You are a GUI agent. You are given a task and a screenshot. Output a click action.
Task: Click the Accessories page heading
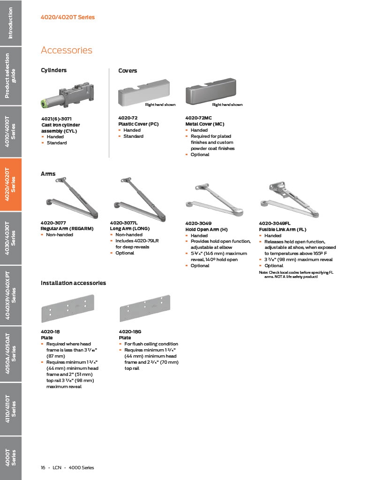click(67, 50)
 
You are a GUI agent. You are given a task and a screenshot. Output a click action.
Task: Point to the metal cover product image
click(211, 91)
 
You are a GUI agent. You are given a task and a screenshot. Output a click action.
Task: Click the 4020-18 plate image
click(68, 308)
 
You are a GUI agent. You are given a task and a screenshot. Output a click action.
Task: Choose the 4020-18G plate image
click(145, 308)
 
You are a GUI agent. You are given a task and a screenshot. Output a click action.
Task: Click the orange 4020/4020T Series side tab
click(11, 185)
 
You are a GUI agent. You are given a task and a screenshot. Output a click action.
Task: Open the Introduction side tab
click(11, 23)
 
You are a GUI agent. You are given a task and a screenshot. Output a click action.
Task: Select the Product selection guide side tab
click(11, 76)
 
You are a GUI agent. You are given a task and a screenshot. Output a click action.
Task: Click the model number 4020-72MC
click(199, 118)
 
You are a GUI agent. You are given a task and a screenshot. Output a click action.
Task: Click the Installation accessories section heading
click(73, 283)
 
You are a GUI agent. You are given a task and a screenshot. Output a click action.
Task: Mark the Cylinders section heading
click(54, 70)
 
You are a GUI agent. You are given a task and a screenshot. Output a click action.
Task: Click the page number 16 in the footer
click(43, 467)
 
